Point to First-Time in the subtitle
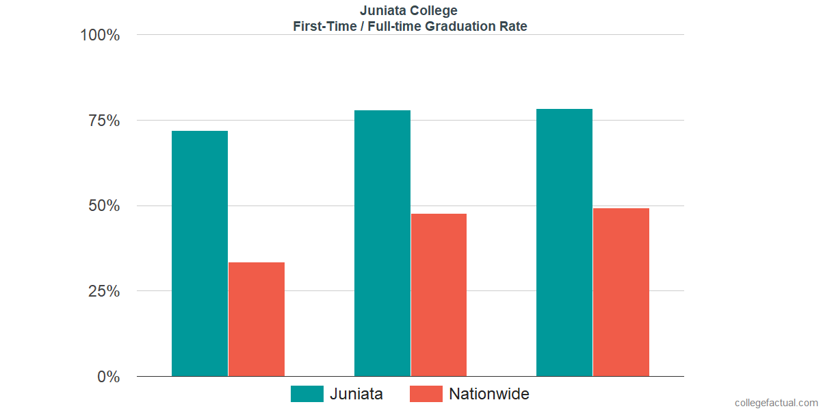[320, 27]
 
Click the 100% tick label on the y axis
[100, 35]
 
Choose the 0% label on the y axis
[108, 377]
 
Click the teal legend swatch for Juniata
[307, 394]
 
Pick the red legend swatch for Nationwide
[426, 394]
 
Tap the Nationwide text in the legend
[488, 394]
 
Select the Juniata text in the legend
[356, 394]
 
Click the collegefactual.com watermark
[776, 403]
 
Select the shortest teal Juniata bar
[200, 253]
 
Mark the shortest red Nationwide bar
[257, 319]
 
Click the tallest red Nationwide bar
[621, 292]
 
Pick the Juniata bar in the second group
[382, 243]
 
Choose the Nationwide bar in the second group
[439, 295]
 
